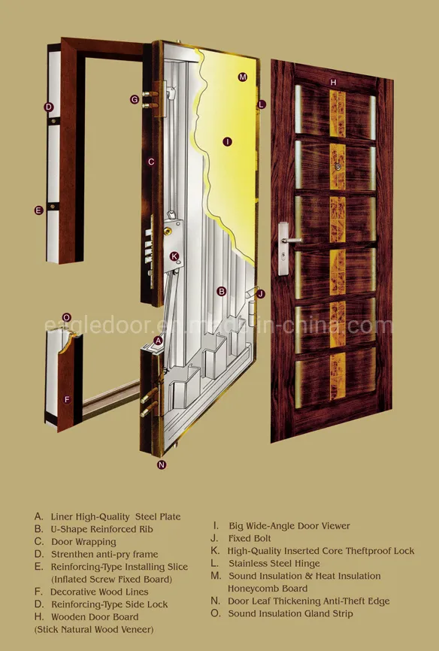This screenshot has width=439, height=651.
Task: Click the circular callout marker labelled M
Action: [242, 77]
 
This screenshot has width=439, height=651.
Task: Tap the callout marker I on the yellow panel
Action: [227, 141]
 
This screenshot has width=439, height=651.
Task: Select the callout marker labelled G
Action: [135, 99]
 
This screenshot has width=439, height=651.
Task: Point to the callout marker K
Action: [174, 256]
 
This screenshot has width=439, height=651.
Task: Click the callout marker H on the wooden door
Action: [333, 81]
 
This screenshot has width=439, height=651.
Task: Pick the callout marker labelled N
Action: [161, 465]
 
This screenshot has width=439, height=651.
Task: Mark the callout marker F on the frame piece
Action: [66, 399]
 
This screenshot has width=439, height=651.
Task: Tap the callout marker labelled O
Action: [66, 317]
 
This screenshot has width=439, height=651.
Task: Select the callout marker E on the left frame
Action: [38, 210]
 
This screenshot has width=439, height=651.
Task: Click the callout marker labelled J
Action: [260, 294]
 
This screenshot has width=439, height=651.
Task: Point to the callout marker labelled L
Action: [261, 104]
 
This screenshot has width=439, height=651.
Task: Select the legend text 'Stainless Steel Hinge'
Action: [274, 563]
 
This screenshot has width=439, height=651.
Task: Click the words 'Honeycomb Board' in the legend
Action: [268, 589]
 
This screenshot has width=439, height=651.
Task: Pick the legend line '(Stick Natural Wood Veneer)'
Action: [94, 628]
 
